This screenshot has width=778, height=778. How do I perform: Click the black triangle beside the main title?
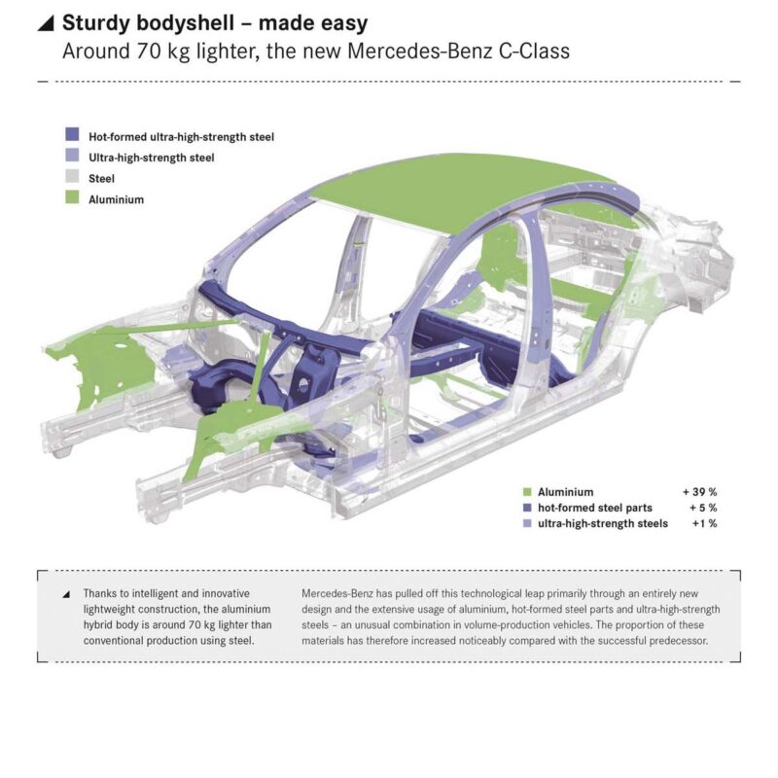[47, 23]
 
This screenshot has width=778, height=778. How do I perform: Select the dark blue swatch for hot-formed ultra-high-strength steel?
[72, 137]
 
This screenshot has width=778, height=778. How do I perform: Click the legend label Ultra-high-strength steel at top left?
[151, 158]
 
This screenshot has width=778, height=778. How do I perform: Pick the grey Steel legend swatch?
[72, 178]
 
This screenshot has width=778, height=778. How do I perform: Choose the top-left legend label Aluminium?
[116, 199]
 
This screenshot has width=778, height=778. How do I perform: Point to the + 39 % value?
[699, 492]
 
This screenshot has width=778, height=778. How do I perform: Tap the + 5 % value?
[702, 508]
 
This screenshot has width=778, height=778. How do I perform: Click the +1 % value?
[704, 524]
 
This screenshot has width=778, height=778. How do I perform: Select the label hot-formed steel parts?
[594, 508]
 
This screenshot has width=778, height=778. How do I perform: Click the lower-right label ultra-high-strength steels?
[602, 524]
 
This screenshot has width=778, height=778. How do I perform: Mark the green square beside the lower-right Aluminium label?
[526, 492]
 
